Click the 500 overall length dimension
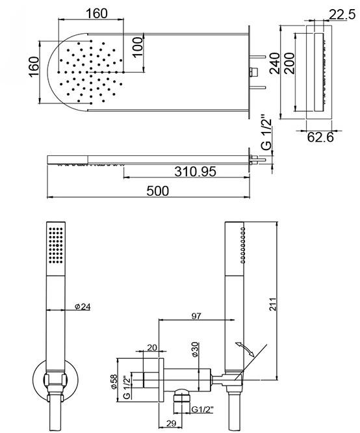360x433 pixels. click(157, 190)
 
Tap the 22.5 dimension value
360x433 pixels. click(341, 14)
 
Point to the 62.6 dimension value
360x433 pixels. click(321, 137)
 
